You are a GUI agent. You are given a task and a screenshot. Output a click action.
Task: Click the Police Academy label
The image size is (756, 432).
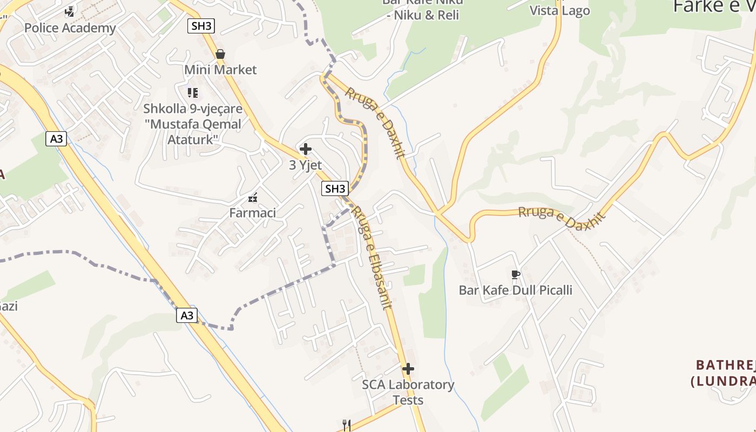tap(70, 28)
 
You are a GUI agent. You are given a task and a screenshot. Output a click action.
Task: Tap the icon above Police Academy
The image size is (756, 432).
tap(70, 11)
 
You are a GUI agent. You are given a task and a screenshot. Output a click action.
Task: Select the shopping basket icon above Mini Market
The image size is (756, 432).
tap(220, 54)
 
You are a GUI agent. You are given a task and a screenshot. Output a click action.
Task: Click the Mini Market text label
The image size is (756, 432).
tap(220, 70)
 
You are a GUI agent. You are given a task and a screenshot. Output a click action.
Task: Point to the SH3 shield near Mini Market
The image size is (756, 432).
tap(201, 26)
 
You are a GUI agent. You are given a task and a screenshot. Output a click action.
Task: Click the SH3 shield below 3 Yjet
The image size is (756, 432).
tap(335, 188)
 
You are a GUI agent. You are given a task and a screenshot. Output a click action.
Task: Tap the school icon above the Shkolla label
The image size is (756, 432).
tap(193, 93)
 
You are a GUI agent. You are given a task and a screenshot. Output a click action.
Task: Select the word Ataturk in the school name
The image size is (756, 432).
tap(193, 139)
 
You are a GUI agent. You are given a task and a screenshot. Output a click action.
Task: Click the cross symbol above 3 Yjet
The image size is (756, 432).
tap(306, 149)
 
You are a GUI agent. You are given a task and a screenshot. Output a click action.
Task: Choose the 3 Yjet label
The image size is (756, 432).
tap(306, 165)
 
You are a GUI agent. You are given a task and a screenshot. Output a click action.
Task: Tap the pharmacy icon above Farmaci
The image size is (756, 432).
tap(253, 198)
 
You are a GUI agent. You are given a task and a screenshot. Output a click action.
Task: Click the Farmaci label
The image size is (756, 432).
tap(253, 213)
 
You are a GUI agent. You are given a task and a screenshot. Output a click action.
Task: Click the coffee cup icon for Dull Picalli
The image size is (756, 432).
tap(516, 275)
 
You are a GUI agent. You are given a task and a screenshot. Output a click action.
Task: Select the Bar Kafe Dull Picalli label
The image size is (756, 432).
tap(516, 290)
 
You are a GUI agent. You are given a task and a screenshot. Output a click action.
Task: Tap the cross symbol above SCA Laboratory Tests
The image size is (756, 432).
tap(408, 369)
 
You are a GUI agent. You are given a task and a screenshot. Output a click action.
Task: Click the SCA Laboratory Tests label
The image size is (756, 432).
tap(408, 393)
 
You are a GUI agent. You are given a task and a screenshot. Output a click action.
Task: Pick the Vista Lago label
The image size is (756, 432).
tap(559, 11)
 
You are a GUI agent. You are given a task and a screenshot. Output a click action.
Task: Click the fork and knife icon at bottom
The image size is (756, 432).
tap(347, 425)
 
